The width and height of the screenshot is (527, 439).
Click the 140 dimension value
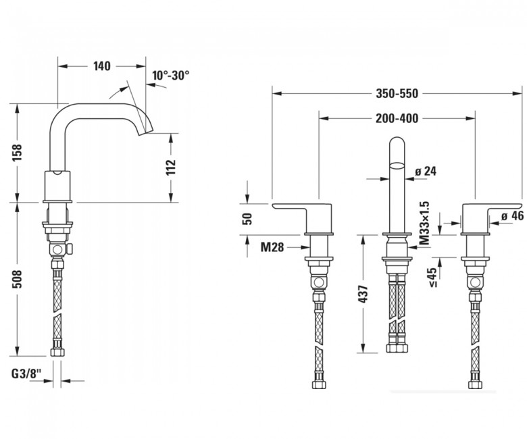pyautogui.click(x=102, y=66)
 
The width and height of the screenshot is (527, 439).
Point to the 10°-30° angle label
pyautogui.click(x=170, y=75)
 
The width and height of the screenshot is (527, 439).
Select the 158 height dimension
pyautogui.click(x=17, y=153)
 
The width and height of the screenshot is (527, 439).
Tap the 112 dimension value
pyautogui.click(x=171, y=167)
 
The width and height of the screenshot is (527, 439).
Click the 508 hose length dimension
pyautogui.click(x=17, y=279)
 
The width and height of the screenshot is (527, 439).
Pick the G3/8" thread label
pyautogui.click(x=26, y=373)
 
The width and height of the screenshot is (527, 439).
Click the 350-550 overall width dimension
pyautogui.click(x=397, y=93)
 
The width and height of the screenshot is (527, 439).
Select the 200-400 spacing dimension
pyautogui.click(x=397, y=118)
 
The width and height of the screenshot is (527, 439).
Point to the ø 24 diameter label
pyautogui.click(x=426, y=172)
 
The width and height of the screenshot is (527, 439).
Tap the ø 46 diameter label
pyautogui.click(x=512, y=216)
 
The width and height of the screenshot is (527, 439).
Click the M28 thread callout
pyautogui.click(x=272, y=248)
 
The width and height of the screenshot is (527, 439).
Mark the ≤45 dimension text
pyautogui.click(x=433, y=278)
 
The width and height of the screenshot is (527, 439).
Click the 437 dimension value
pyautogui.click(x=363, y=294)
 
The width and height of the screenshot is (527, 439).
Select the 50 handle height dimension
pyautogui.click(x=247, y=219)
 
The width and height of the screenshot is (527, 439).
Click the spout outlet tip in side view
pyautogui.click(x=147, y=132)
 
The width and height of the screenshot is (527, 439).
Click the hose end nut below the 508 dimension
pyautogui.click(x=57, y=352)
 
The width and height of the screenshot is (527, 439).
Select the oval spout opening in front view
pyautogui.click(x=397, y=165)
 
